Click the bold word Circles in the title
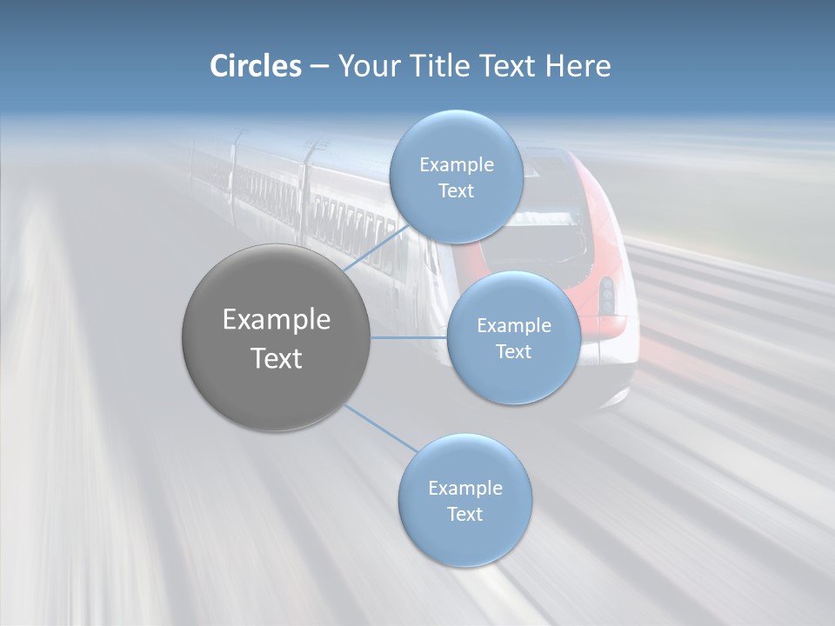coord(256,66)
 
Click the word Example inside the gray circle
coord(277,320)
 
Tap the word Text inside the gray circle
coord(277,358)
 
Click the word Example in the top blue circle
coord(457,164)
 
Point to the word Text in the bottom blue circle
coord(465,514)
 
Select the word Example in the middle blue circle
coord(514,325)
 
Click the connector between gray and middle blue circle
coord(408,337)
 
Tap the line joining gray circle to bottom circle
coord(380,428)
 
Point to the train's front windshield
coord(557,235)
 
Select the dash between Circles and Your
coord(319,66)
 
